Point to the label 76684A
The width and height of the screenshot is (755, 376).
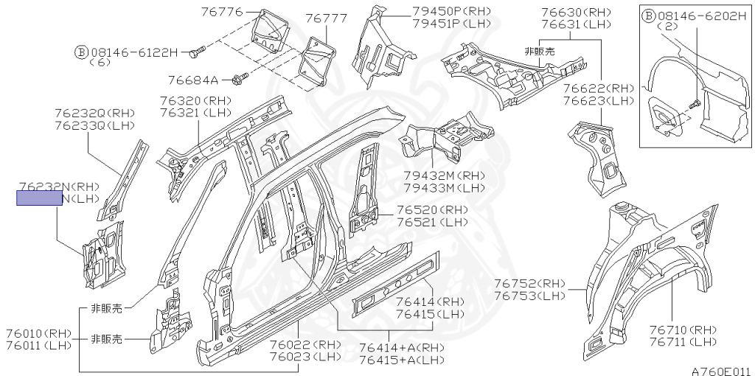click(x=192, y=80)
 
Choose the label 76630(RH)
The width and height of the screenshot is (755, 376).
click(x=576, y=12)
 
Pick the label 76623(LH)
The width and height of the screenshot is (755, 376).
click(x=598, y=100)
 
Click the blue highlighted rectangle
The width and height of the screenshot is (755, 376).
click(x=40, y=198)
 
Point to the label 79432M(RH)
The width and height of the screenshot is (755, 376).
click(x=444, y=175)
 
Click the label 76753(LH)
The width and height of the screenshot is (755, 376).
click(x=529, y=296)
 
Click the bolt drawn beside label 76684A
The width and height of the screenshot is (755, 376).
click(x=238, y=78)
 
